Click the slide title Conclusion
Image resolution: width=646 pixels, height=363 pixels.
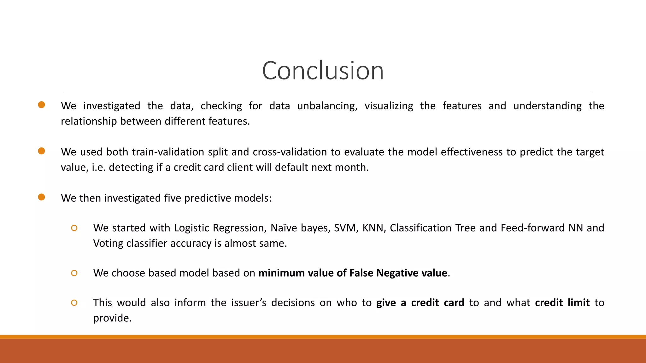click(x=323, y=71)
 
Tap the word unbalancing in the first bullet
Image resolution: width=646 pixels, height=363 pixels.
click(x=327, y=106)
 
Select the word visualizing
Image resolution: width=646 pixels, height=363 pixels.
click(x=389, y=106)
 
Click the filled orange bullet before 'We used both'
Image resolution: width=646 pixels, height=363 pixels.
click(x=41, y=151)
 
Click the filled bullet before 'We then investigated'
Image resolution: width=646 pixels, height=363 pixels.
click(x=41, y=197)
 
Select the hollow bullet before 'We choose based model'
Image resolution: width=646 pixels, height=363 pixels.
click(x=74, y=273)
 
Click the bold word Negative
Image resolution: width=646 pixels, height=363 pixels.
click(x=397, y=273)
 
